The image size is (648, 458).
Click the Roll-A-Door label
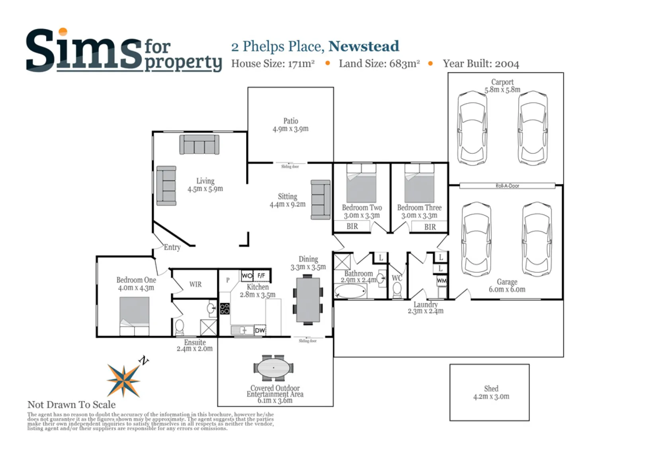507,186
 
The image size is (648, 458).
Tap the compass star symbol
124,381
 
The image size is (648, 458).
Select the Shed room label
491,389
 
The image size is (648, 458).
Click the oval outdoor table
273,368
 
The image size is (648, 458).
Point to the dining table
308,300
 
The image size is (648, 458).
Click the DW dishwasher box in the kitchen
260,330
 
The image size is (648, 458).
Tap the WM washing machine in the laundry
442,281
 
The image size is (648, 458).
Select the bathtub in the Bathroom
350,291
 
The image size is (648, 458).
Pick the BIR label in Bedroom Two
352,226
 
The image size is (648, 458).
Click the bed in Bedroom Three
419,183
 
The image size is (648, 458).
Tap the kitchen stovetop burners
225,309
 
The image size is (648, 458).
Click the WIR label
195,284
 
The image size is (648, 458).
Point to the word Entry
172,247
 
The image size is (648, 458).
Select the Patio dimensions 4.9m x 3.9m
290,129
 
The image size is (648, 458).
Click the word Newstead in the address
364,46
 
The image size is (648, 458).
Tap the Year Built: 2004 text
481,64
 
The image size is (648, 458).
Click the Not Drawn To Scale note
71,405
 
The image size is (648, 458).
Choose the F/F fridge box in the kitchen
262,276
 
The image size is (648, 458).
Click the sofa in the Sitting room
321,200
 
